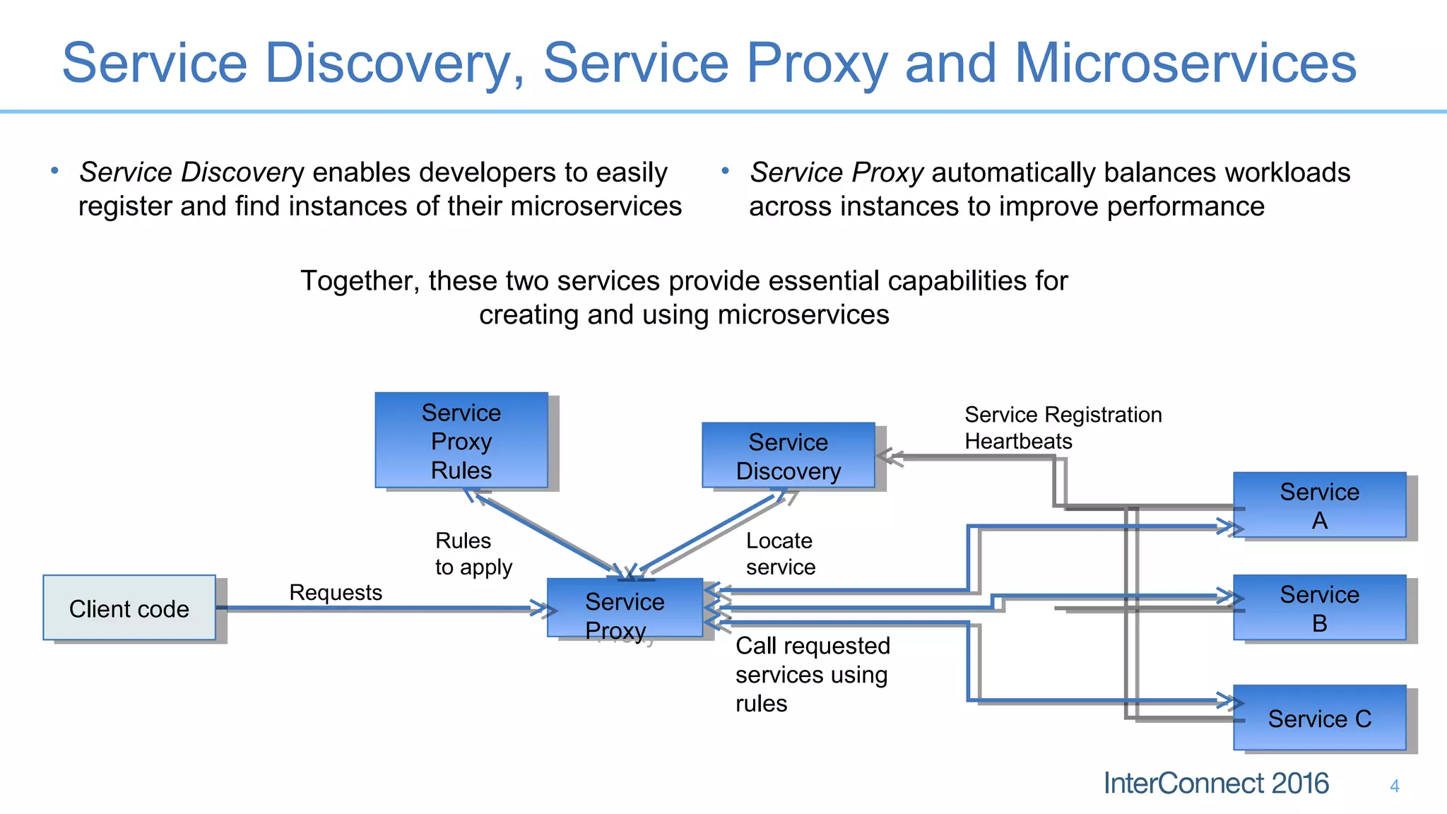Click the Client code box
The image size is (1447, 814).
point(129,608)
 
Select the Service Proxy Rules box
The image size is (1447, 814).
point(461,440)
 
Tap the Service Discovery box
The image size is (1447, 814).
point(789,456)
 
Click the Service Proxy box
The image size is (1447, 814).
point(625,608)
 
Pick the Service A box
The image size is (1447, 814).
point(1319,505)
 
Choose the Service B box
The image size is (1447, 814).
point(1319,608)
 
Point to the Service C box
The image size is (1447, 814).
point(1319,718)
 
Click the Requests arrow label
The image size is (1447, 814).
point(336,592)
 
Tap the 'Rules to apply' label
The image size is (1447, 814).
point(473,553)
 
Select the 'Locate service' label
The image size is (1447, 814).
point(780,553)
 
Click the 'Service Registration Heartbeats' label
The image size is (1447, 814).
point(1063,427)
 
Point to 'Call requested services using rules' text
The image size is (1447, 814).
point(813,674)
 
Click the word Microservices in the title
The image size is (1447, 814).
point(1185,64)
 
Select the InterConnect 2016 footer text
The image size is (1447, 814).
point(1216,784)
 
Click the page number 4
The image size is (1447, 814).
point(1394,786)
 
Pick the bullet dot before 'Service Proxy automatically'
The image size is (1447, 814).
point(725,171)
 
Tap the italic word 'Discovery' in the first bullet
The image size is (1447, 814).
point(242,172)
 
